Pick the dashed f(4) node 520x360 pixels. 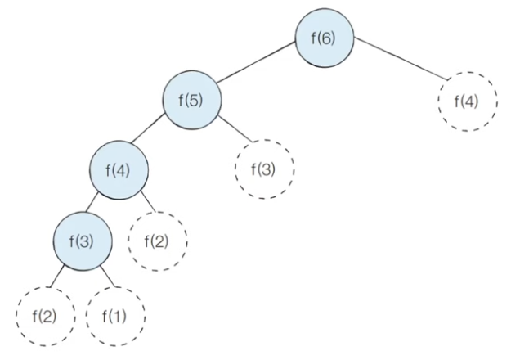click(467, 101)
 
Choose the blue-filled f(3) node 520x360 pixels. click(83, 240)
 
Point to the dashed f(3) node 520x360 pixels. click(263, 170)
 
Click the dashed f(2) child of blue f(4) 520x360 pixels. click(158, 241)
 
